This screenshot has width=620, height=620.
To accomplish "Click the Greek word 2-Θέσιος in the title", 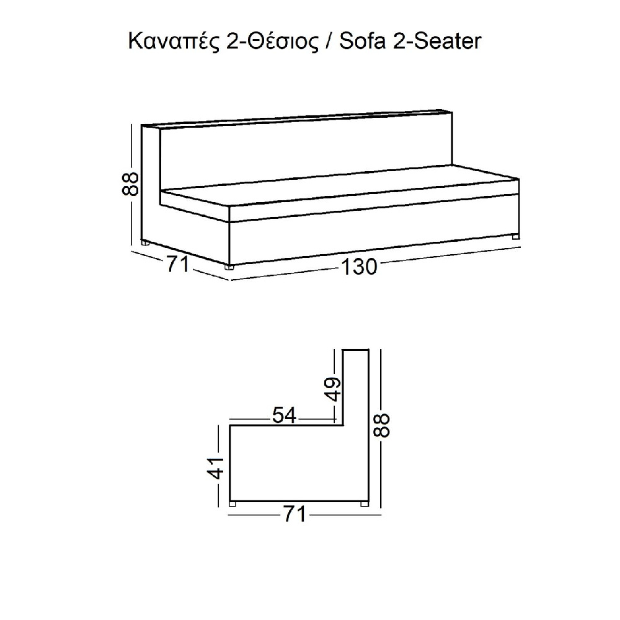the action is [x=272, y=41].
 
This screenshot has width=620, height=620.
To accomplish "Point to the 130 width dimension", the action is [x=358, y=267].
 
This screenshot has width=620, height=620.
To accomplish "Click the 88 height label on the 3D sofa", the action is [x=130, y=184].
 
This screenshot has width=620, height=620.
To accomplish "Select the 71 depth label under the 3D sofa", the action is [x=178, y=264].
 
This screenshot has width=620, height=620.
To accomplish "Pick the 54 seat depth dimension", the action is [x=284, y=415].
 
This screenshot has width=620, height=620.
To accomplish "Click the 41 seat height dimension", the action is [x=216, y=467].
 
